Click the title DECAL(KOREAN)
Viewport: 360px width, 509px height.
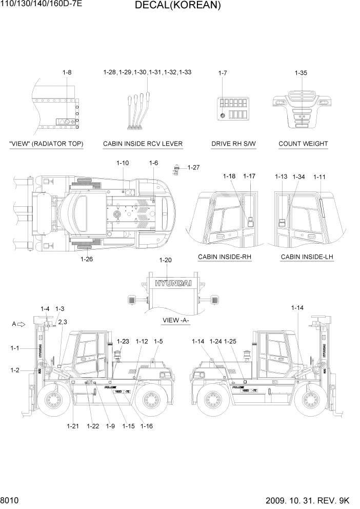point(178,6)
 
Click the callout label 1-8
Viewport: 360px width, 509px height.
point(67,73)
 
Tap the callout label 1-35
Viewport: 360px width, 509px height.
point(301,73)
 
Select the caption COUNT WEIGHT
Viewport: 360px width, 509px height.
point(303,144)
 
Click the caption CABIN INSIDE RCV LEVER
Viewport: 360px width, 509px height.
point(143,144)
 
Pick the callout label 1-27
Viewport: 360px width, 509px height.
point(193,167)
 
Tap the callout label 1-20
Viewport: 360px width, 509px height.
point(166,260)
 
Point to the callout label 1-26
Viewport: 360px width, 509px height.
point(87,259)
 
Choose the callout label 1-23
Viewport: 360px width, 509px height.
point(123,341)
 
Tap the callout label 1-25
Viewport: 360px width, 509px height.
point(230,341)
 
